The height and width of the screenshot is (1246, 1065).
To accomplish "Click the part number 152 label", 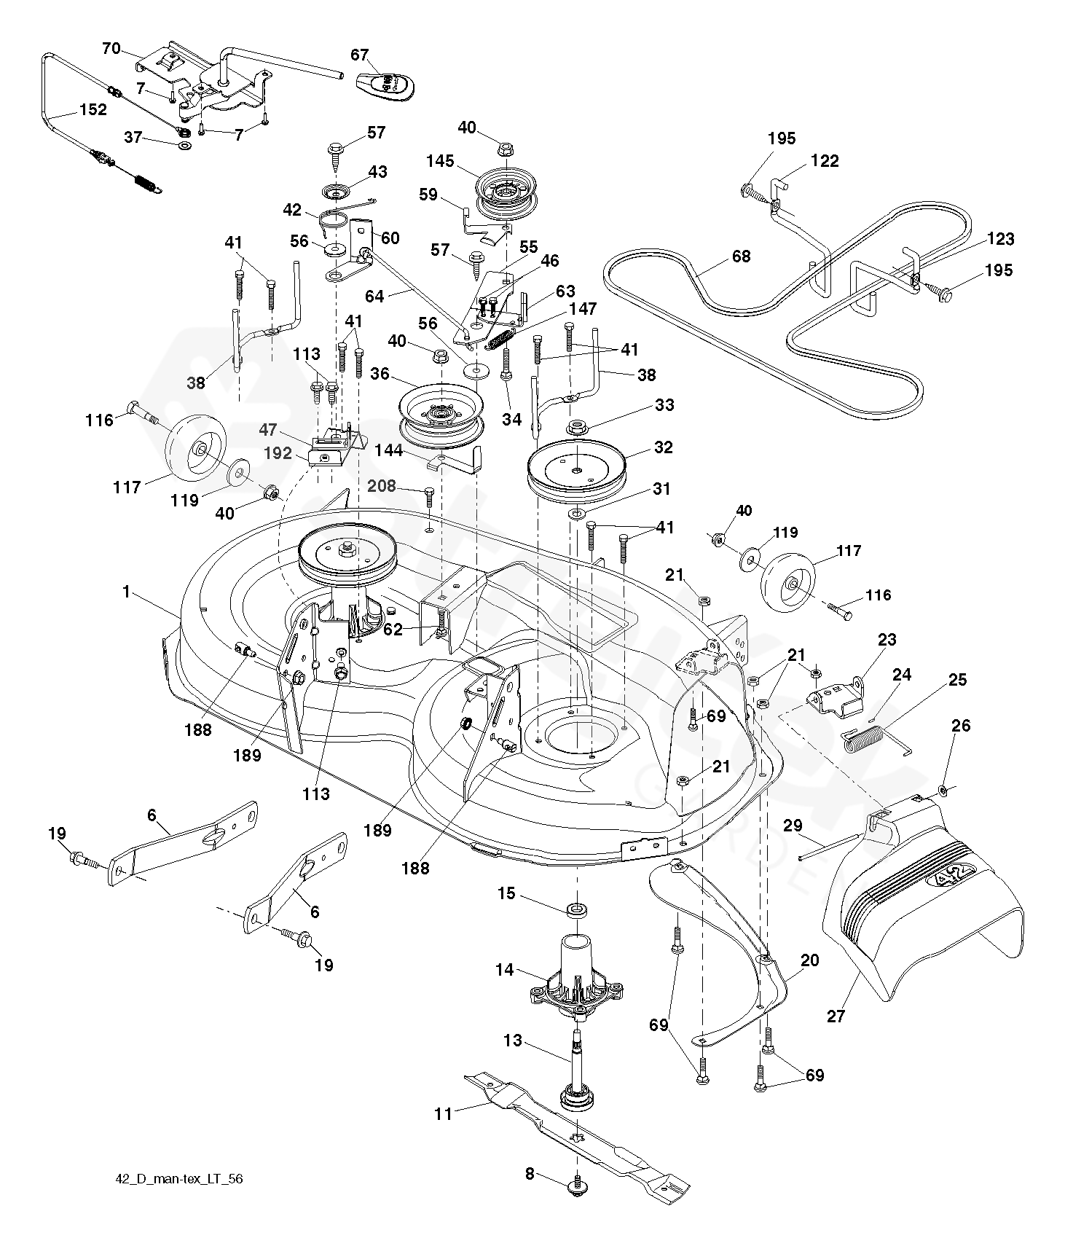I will [93, 110].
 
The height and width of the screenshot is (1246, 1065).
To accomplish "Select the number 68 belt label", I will [741, 256].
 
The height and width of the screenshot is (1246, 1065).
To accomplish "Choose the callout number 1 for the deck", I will [127, 592].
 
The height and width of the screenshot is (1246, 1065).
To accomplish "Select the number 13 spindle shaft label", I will [513, 1040].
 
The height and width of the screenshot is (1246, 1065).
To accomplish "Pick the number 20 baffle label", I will [809, 960].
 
